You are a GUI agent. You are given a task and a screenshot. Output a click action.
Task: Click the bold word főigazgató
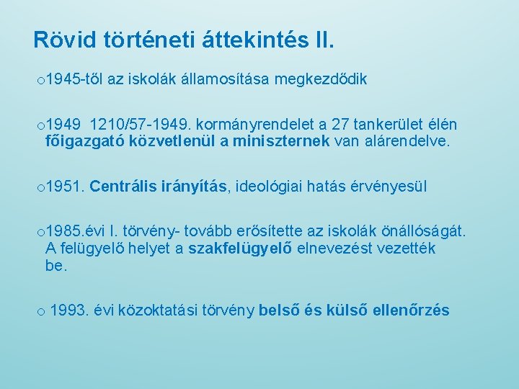(x=84, y=141)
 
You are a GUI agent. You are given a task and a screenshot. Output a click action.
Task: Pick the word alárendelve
(x=407, y=141)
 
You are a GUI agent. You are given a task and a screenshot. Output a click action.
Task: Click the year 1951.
(x=66, y=187)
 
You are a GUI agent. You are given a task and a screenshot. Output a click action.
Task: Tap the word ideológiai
(x=268, y=187)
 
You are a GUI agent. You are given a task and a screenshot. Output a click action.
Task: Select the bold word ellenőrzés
(x=409, y=310)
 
